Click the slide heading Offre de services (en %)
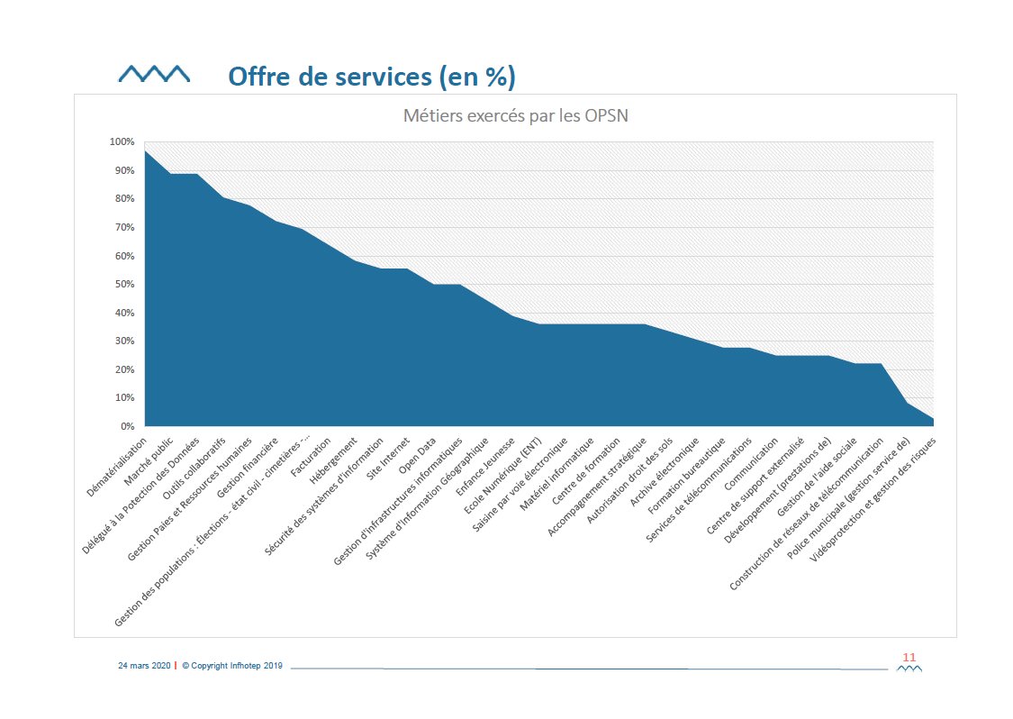(371, 77)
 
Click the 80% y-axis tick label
(122, 198)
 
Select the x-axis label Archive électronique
(673, 469)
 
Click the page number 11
(909, 657)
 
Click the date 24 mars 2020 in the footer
(144, 666)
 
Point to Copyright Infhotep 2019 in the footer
(232, 666)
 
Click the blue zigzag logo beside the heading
(154, 74)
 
